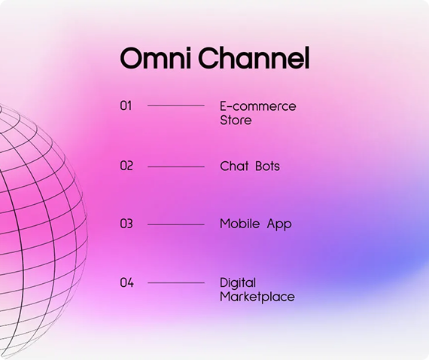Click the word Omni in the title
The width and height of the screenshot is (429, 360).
coord(155,58)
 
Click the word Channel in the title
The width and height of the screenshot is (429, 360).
coord(254,57)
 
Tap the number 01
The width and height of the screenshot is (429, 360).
coord(126,105)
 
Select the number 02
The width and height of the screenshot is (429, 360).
coord(126,166)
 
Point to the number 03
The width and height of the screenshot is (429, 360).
coord(126,224)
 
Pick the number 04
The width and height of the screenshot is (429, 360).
coord(127,282)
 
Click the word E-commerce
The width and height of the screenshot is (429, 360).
coord(258,106)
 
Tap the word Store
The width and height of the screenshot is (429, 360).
coord(236,121)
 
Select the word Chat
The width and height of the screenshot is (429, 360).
coord(235,166)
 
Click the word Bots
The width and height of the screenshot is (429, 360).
coord(268,166)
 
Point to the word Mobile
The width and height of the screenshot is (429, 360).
coord(240,224)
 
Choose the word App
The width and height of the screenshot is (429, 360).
coord(279,224)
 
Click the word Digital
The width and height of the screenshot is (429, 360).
coord(238,283)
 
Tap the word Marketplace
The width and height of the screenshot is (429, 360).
coord(257,297)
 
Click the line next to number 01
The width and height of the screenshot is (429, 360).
coord(176,105)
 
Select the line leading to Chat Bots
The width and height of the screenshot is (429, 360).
coord(176,166)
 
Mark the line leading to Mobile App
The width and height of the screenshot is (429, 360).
coord(176,224)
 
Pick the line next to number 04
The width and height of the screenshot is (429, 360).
coord(176,282)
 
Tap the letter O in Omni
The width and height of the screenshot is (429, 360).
coord(130,58)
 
